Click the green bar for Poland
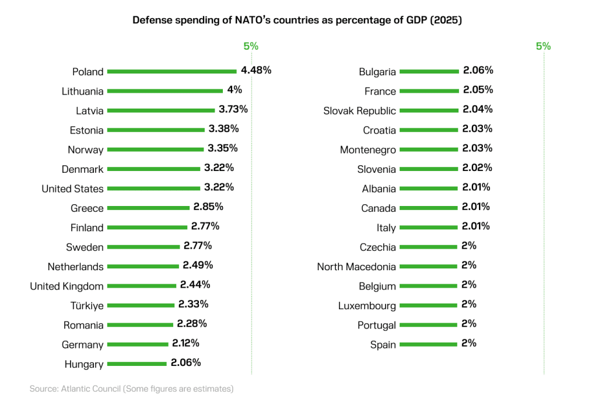172,71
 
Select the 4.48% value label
256,70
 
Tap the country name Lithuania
82,91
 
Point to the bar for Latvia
161,110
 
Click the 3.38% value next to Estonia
223,128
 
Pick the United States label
72,188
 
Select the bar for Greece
149,208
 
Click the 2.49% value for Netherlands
198,265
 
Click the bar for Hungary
137,364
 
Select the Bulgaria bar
430,71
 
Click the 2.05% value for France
478,89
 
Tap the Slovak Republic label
359,111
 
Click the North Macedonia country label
356,267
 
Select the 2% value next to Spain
468,343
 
